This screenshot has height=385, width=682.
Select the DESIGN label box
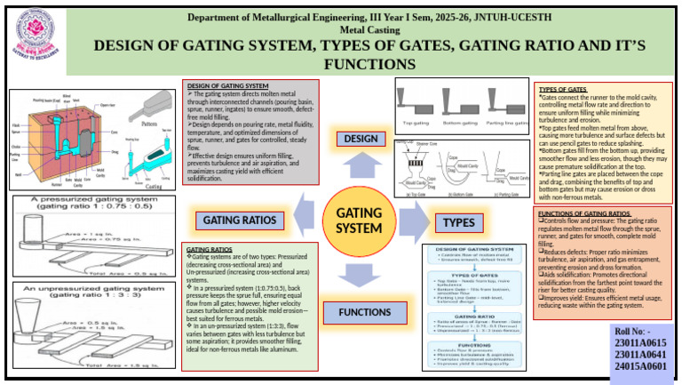tap(361, 139)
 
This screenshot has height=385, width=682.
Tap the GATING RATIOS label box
tap(241, 220)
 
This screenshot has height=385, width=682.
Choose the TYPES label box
tap(458, 221)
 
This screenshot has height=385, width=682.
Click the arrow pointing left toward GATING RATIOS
tap(303, 213)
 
